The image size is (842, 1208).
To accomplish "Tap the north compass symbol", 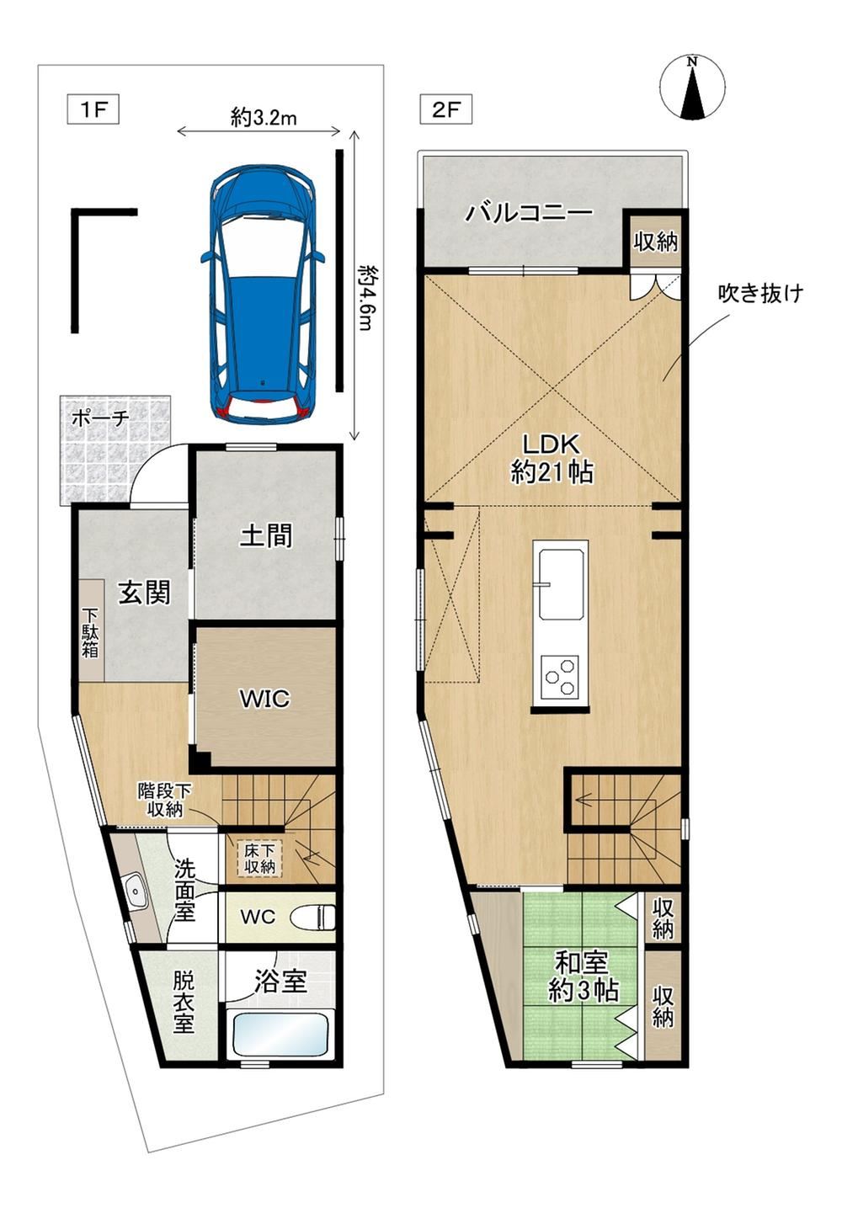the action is click(692, 88).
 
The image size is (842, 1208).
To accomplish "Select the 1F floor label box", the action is click(93, 110).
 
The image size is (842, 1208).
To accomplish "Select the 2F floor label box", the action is click(446, 110).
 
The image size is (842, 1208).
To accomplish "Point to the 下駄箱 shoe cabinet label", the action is click(90, 632).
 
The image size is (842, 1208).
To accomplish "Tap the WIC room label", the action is click(265, 699).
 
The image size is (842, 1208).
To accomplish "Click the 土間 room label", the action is click(265, 535).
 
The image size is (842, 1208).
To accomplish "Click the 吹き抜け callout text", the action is click(760, 293).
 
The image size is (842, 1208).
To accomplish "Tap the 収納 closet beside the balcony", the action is click(656, 241).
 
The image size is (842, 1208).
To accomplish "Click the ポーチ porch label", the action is click(101, 418).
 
